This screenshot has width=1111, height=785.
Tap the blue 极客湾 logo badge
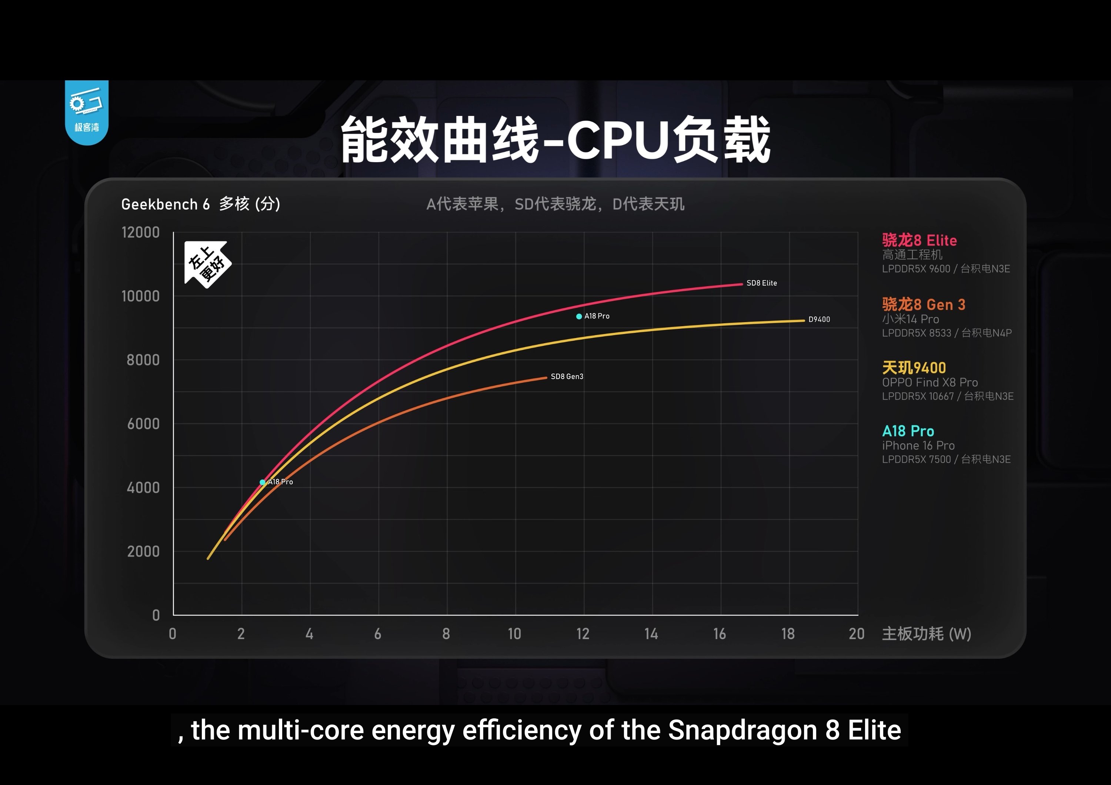point(87,112)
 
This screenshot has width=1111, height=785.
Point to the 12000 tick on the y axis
point(140,233)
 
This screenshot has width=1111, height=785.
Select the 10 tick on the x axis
point(514,634)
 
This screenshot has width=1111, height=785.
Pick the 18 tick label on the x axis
point(788,634)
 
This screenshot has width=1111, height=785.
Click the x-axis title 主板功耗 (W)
point(926,634)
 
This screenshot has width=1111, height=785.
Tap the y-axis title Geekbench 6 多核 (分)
point(200,204)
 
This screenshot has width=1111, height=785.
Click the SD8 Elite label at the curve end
point(762,283)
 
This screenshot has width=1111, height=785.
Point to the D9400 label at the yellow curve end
point(819,319)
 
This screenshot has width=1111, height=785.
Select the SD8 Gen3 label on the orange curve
point(567,376)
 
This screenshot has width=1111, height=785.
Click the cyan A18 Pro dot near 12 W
point(579,316)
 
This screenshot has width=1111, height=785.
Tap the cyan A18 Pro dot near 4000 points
point(262,482)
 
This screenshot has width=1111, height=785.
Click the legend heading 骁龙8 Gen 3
point(923,305)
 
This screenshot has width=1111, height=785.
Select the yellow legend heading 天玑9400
point(914,368)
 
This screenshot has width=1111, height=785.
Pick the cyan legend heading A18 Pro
point(908,431)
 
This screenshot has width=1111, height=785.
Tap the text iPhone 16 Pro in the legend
point(918,445)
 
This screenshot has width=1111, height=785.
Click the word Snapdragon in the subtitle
point(743,730)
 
